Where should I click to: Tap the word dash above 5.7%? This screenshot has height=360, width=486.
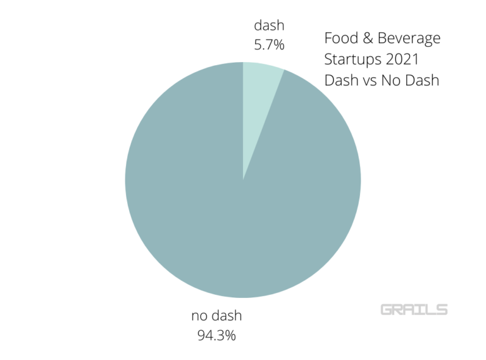pos(269,25)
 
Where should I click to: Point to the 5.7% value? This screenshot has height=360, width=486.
pos(269,46)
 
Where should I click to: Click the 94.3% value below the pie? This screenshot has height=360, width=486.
pos(216,335)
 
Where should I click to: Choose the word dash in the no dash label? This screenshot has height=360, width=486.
pos(227,315)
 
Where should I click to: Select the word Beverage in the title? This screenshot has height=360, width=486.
pos(410,39)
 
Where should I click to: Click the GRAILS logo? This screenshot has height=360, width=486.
pos(414,310)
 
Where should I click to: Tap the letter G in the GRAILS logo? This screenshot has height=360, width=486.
pos(387,310)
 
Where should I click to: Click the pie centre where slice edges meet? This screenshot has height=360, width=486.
pos(243,180)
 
